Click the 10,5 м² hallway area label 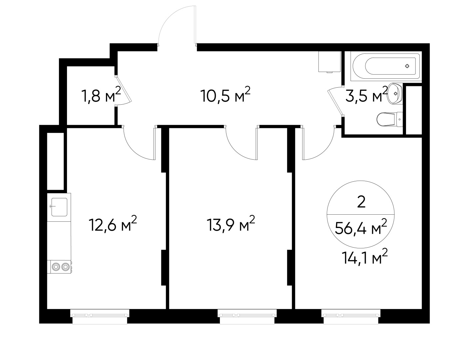point(225,96)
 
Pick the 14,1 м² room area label point(364,258)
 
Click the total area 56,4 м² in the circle point(361,228)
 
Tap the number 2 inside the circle point(361,202)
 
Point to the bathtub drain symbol point(407,66)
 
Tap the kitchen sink point(59,207)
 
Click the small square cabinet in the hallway point(329,62)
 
